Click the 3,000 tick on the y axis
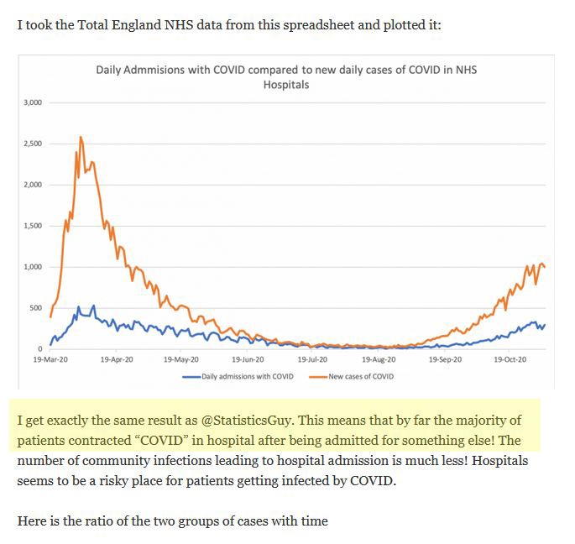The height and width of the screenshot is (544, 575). pyautogui.click(x=33, y=102)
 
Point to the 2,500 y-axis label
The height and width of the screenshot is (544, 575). pyautogui.click(x=33, y=144)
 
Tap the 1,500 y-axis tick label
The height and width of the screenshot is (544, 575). pyautogui.click(x=33, y=226)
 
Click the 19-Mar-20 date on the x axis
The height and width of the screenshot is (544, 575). pyautogui.click(x=50, y=358)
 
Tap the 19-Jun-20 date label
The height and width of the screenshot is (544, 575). pyautogui.click(x=247, y=358)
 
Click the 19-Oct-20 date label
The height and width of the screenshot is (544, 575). pyautogui.click(x=510, y=358)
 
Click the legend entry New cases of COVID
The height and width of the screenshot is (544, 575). pyautogui.click(x=360, y=376)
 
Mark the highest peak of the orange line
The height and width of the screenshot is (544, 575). pyautogui.click(x=81, y=137)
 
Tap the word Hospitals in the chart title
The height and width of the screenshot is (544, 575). pyautogui.click(x=285, y=84)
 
